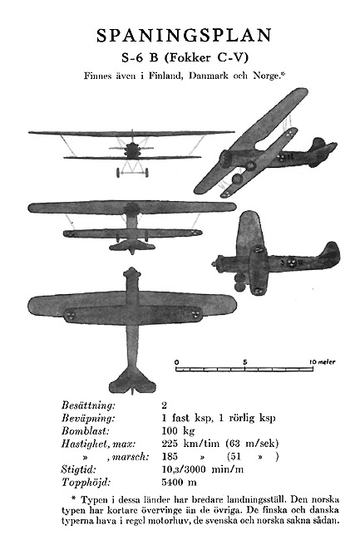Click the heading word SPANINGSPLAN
tap(184, 36)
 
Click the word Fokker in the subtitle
tap(188, 57)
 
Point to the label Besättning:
tap(88, 405)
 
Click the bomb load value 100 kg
tap(178, 431)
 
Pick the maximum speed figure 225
tap(170, 444)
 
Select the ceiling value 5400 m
tap(179, 482)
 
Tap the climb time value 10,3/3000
tap(184, 469)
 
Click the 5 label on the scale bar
tap(244, 362)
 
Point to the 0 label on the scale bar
tap(177, 362)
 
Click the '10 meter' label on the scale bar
tap(322, 362)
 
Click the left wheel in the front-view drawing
tap(119, 173)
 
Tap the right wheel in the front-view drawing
tap(147, 173)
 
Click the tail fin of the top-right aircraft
tap(319, 143)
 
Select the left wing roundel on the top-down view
tap(71, 316)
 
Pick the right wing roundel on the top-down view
tap(195, 315)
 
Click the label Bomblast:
tap(86, 431)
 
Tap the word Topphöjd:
tap(86, 482)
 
